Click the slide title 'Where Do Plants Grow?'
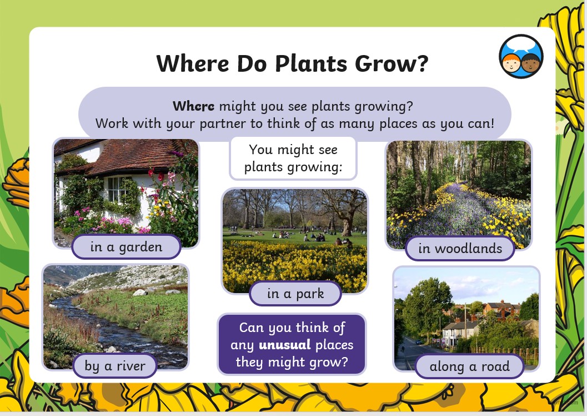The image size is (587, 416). pos(292,63)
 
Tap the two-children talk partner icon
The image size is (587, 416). pos(521,56)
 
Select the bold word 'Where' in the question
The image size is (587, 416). pos(194,106)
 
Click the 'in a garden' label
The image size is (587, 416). pos(127,247)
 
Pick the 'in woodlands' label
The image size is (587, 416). pos(460,249)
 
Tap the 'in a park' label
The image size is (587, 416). pos(295,294)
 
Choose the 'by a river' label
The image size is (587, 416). pos(115,366)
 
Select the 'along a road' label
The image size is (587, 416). pos(469,366)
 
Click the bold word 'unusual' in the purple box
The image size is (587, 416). pos(284,345)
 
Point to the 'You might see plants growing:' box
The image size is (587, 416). pos(293,158)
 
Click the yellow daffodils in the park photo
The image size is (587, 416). pos(295,266)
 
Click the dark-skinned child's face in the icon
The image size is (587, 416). pos(530,63)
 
